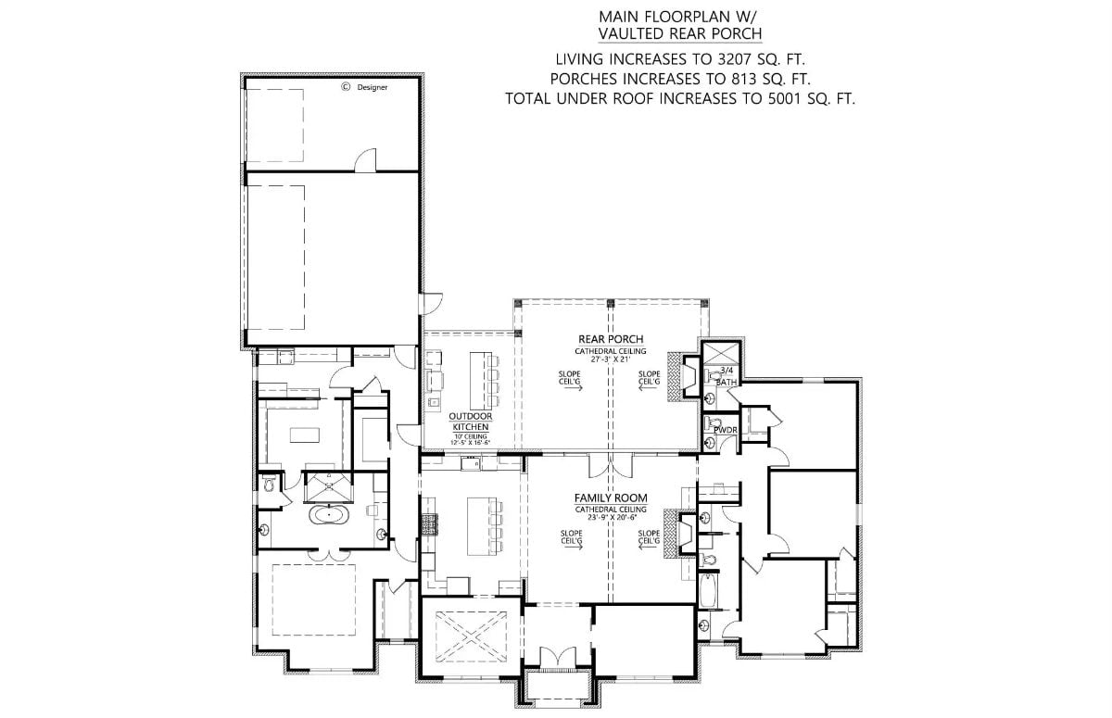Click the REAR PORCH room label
coord(610,339)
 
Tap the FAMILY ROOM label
coord(610,498)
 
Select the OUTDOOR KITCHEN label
coord(471,422)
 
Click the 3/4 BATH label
coord(726,375)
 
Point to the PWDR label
coord(725,429)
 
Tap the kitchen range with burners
coord(430,526)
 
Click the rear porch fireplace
coord(688,376)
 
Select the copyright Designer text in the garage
coord(364,87)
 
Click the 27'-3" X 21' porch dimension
coord(610,359)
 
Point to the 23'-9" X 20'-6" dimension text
coord(610,518)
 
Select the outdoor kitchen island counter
coord(479,380)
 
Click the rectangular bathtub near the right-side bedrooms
coord(708,589)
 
